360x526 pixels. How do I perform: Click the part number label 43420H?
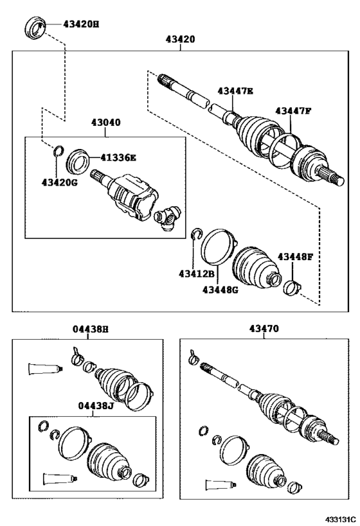(x=81, y=24)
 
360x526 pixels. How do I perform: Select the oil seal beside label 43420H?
(x=35, y=27)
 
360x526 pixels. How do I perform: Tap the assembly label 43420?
(x=180, y=39)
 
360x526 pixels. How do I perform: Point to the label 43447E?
(x=235, y=91)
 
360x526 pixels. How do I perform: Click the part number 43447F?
(x=293, y=110)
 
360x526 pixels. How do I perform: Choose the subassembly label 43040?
(x=105, y=123)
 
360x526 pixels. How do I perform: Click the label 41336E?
(x=118, y=157)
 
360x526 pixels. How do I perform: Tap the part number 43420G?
(x=59, y=182)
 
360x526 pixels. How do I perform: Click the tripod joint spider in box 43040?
(x=167, y=218)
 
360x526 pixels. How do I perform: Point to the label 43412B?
(x=197, y=274)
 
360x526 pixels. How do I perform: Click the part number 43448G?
(x=220, y=289)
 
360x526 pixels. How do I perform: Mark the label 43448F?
(x=295, y=257)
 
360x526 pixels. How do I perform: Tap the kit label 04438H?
(x=91, y=329)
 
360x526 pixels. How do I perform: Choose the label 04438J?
(x=96, y=406)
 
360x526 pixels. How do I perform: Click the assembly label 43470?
(x=264, y=328)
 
